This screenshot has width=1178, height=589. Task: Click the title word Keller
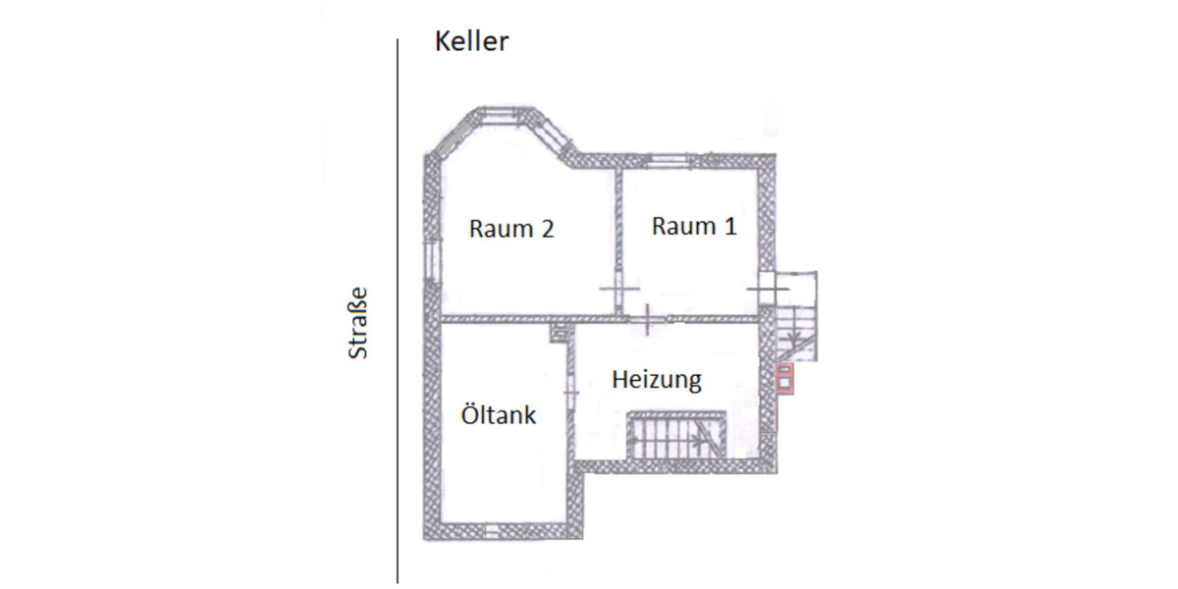tap(472, 42)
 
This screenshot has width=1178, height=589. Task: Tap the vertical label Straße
tap(359, 322)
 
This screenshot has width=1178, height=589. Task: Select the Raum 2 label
tap(511, 229)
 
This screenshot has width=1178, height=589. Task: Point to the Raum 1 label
tap(694, 226)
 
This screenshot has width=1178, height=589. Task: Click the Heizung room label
tap(657, 379)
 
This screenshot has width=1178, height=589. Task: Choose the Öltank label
tap(499, 414)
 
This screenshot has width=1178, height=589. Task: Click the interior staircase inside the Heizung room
tap(675, 434)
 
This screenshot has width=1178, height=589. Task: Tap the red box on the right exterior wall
tap(784, 377)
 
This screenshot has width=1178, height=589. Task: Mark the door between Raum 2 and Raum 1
tap(618, 288)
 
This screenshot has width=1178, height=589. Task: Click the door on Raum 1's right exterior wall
tap(768, 289)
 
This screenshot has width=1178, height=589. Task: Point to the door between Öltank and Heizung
tap(570, 388)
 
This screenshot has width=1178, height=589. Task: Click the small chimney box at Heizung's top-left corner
tap(559, 332)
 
